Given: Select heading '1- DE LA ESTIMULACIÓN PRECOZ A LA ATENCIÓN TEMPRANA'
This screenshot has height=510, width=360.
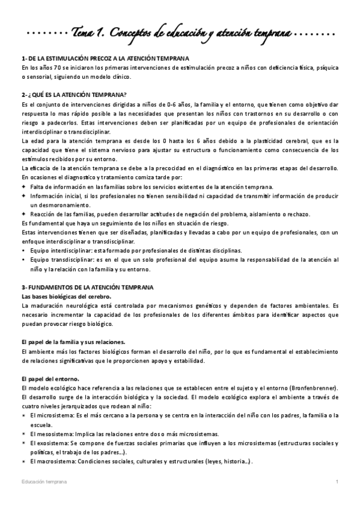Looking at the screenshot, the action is [x=105, y=58].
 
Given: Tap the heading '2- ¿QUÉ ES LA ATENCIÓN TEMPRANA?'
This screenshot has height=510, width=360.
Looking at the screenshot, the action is [x=73, y=95].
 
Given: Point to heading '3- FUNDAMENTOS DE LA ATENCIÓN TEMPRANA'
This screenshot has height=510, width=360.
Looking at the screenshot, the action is [x=87, y=287].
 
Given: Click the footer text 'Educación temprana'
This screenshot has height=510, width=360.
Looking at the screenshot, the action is [x=44, y=482].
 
